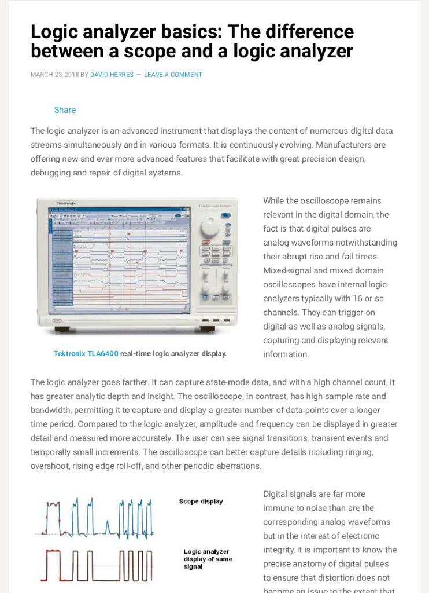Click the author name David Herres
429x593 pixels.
112,75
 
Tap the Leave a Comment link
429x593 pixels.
173,75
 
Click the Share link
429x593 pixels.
65,110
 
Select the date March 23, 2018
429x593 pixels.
54,75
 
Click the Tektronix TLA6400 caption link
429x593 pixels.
86,353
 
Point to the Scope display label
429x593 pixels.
201,502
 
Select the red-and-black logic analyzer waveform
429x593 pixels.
98,565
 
